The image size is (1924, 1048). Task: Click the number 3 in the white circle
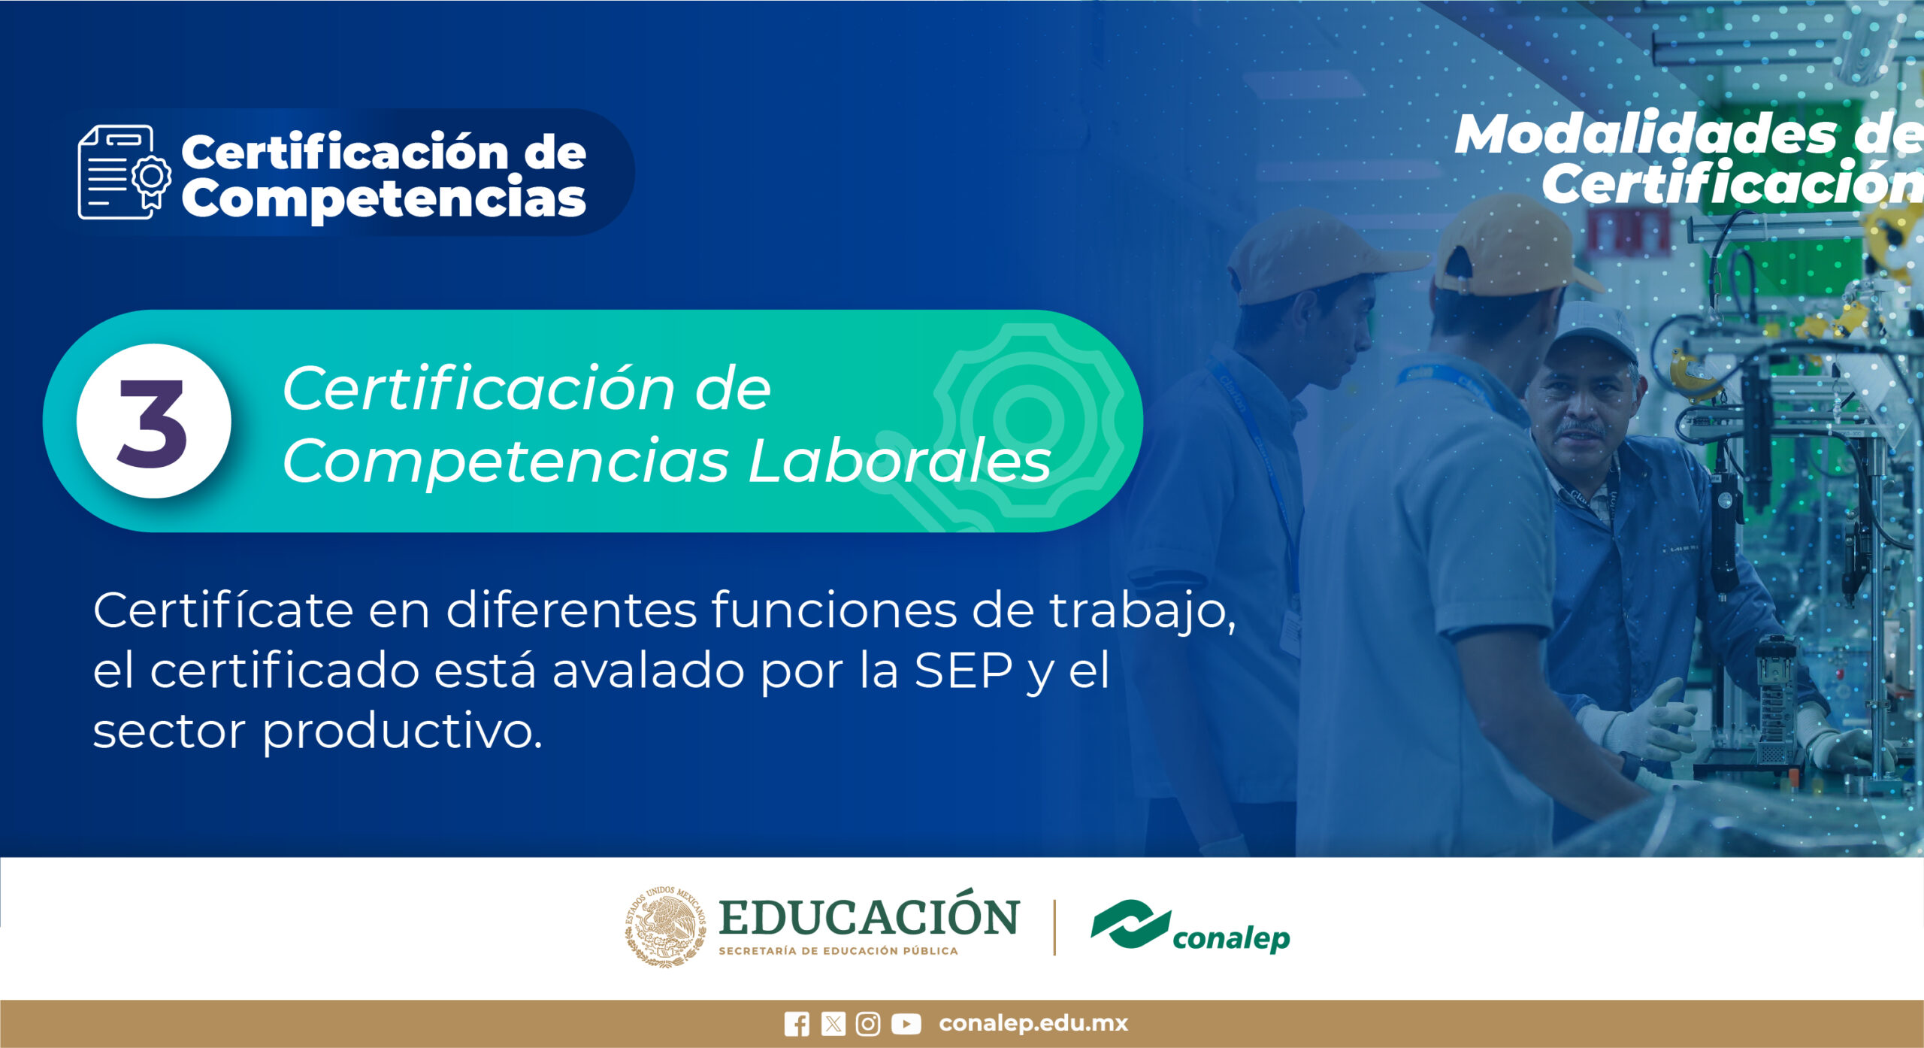tap(153, 423)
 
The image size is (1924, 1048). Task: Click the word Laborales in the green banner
tap(900, 461)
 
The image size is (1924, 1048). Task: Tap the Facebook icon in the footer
tap(797, 1024)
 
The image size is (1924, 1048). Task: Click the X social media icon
tap(833, 1024)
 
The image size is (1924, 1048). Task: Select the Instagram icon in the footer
tap(868, 1024)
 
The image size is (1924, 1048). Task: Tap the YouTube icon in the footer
tap(906, 1024)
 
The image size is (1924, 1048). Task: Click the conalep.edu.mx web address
tap(1033, 1023)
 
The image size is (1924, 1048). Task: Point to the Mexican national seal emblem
tap(666, 926)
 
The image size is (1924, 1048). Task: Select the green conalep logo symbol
tap(1131, 923)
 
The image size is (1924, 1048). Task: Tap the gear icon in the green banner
tap(1027, 418)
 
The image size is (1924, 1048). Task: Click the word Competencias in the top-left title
tap(383, 198)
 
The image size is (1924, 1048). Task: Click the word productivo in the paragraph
tap(401, 731)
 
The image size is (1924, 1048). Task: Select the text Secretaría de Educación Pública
tap(838, 951)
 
